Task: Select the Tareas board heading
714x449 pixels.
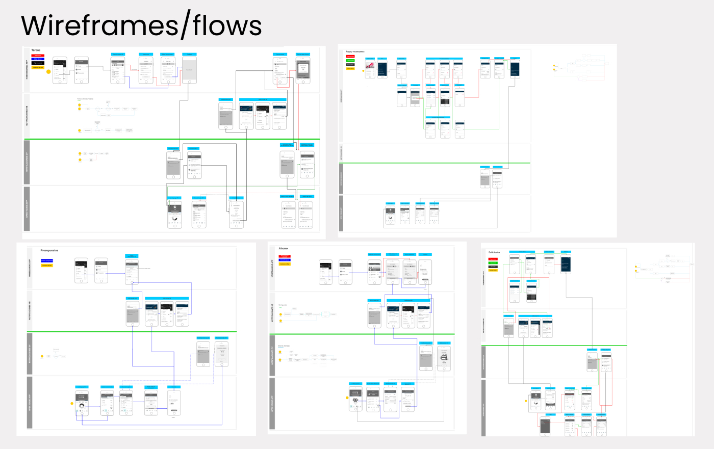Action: point(36,50)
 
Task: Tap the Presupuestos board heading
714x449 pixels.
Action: point(49,251)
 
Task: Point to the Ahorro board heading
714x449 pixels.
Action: point(283,249)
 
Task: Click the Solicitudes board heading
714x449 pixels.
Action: point(494,252)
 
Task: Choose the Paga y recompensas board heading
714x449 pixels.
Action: point(355,52)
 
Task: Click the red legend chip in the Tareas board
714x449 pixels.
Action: point(38,55)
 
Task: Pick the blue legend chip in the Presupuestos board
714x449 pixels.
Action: point(47,261)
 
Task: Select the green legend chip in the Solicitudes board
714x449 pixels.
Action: point(493,263)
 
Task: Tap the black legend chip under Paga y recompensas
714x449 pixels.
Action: point(350,65)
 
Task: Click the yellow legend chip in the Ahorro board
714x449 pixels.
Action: point(285,264)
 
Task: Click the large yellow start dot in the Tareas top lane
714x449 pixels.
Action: point(49,72)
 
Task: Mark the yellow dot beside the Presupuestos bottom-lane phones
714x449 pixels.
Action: point(72,404)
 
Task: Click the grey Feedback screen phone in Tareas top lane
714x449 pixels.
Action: point(189,70)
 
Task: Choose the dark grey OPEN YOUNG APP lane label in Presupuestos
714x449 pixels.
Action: point(30,403)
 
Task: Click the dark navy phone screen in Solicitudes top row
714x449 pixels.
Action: point(566,263)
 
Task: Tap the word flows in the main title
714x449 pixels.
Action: point(227,25)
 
